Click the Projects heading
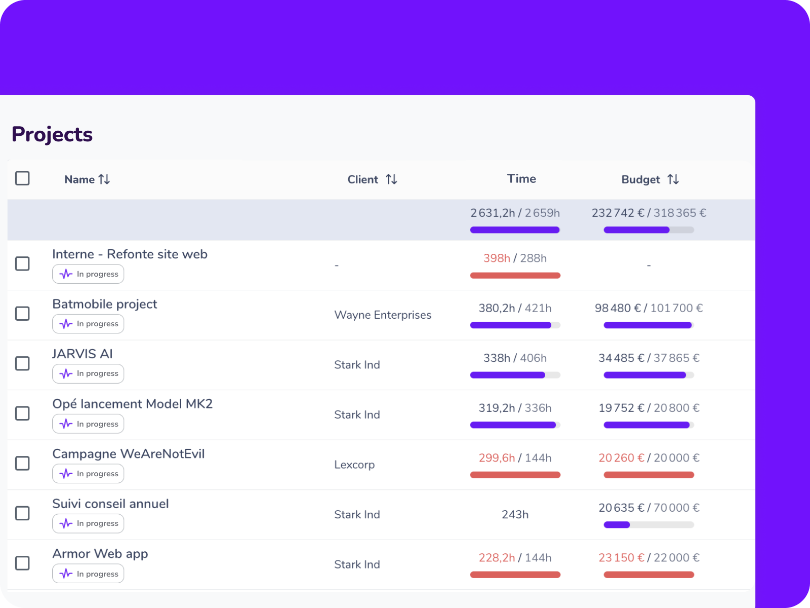tap(52, 134)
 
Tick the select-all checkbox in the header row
tap(22, 178)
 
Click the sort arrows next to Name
tap(104, 179)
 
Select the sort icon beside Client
tap(391, 179)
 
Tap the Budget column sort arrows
tap(673, 179)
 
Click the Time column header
tap(521, 179)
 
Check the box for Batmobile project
tap(22, 314)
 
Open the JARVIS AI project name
tap(83, 354)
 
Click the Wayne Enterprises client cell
tap(383, 315)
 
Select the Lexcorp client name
tap(354, 465)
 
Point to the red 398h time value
tap(497, 258)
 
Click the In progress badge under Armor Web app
tap(88, 574)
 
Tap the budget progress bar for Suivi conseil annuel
tap(649, 525)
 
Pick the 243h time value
tap(515, 515)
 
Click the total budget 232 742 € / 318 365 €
tap(649, 213)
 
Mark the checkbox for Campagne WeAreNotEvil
tap(22, 463)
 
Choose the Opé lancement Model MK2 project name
tap(133, 404)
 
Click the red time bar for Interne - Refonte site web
tap(515, 276)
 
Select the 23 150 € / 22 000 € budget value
tap(649, 558)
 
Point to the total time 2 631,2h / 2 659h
tap(515, 213)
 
